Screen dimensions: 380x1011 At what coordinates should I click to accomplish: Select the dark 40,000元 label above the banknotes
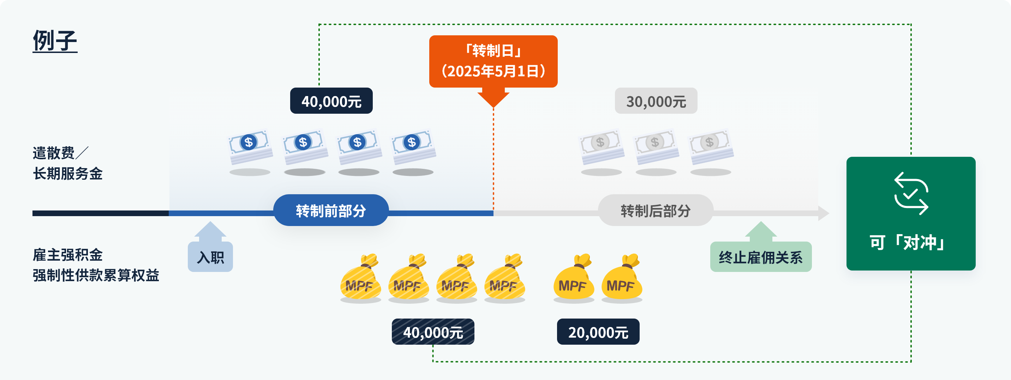click(x=331, y=101)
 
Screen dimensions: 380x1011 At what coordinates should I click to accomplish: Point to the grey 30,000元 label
click(x=656, y=101)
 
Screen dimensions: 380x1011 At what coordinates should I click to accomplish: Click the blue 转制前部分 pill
click(x=331, y=210)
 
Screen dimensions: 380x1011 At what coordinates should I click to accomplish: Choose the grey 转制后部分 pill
click(x=656, y=210)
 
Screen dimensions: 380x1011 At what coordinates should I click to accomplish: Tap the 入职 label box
click(x=210, y=257)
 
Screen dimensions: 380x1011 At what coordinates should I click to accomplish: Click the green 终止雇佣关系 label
click(x=761, y=257)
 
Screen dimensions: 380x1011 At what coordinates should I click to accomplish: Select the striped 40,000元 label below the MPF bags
click(x=433, y=332)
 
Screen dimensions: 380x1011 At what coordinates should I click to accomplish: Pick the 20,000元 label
click(x=598, y=332)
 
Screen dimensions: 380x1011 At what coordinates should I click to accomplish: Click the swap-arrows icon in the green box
click(x=911, y=194)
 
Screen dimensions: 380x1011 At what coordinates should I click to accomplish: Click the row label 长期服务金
click(x=67, y=173)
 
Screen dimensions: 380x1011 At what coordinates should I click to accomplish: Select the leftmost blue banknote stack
click(x=250, y=147)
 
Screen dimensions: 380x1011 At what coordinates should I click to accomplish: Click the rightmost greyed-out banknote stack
click(x=710, y=147)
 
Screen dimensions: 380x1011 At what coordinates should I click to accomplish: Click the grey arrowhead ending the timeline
click(x=824, y=213)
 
